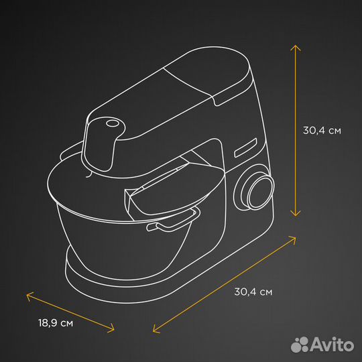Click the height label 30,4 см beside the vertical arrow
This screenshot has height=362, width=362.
[x=322, y=131]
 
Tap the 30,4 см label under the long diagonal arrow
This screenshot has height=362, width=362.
[x=253, y=292]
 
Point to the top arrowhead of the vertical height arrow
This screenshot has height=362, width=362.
[x=295, y=46]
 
